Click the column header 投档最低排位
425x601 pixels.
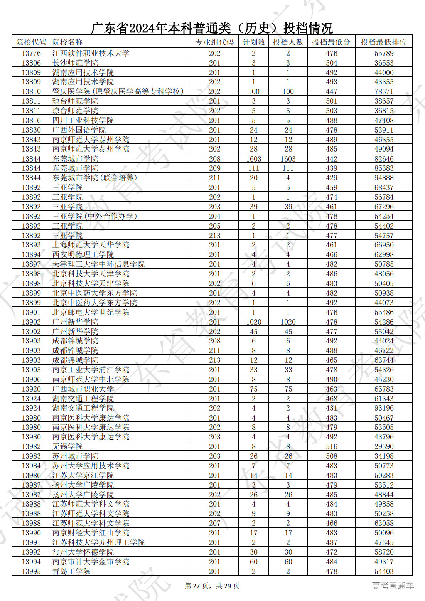click(384, 42)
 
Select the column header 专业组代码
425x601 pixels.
click(214, 42)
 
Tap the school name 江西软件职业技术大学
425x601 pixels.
click(91, 53)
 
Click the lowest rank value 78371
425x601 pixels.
click(384, 91)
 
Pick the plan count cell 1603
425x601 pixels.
click(253, 159)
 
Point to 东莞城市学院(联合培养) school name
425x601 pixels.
click(94, 178)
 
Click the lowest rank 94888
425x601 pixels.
click(384, 178)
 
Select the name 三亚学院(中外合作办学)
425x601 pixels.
click(94, 216)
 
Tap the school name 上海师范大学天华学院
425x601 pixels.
click(91, 245)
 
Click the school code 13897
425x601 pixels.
click(31, 264)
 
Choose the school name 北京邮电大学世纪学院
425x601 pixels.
click(91, 312)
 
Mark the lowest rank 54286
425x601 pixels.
click(384, 322)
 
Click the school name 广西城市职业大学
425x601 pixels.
click(83, 389)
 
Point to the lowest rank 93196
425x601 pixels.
click(384, 408)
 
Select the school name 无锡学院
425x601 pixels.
click(67, 446)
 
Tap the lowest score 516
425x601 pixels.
click(331, 446)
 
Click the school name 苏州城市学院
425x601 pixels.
click(75, 456)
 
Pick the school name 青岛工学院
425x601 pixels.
click(71, 571)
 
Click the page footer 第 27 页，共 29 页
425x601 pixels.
click(212, 586)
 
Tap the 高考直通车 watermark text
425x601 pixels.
click(393, 586)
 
